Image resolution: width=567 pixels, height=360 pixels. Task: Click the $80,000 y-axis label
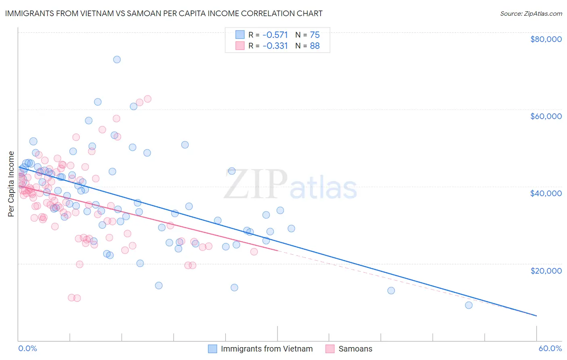[546, 39]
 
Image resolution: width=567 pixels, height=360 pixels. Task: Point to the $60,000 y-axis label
[546, 116]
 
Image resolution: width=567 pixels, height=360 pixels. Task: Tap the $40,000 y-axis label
[546, 193]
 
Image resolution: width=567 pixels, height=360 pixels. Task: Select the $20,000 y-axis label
[546, 270]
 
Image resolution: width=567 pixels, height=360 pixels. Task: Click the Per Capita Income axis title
[11, 184]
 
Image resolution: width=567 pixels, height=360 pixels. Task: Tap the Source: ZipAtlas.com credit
[531, 13]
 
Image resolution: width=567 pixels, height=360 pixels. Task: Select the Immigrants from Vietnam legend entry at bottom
[267, 349]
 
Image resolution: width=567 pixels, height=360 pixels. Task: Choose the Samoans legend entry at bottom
[355, 349]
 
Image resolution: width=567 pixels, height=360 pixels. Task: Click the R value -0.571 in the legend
[275, 35]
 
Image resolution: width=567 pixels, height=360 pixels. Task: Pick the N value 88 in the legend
[315, 46]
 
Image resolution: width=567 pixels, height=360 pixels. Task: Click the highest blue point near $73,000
[117, 59]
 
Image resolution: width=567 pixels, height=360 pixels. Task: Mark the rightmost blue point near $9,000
[469, 305]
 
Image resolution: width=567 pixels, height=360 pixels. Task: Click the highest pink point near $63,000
[148, 99]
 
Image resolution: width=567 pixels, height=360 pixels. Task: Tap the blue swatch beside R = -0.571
[240, 35]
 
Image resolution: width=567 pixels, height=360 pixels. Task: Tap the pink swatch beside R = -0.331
[240, 46]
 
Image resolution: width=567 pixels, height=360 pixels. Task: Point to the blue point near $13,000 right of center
[391, 291]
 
